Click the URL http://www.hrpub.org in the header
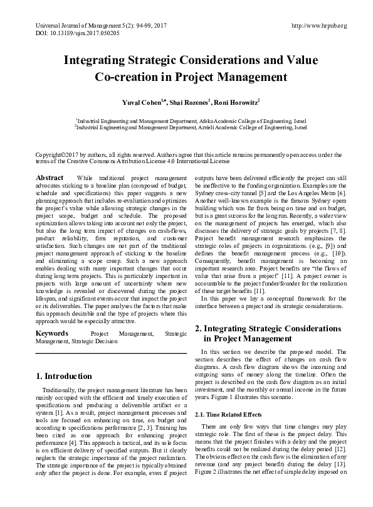[x=319, y=25]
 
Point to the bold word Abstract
[x=50, y=178]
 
